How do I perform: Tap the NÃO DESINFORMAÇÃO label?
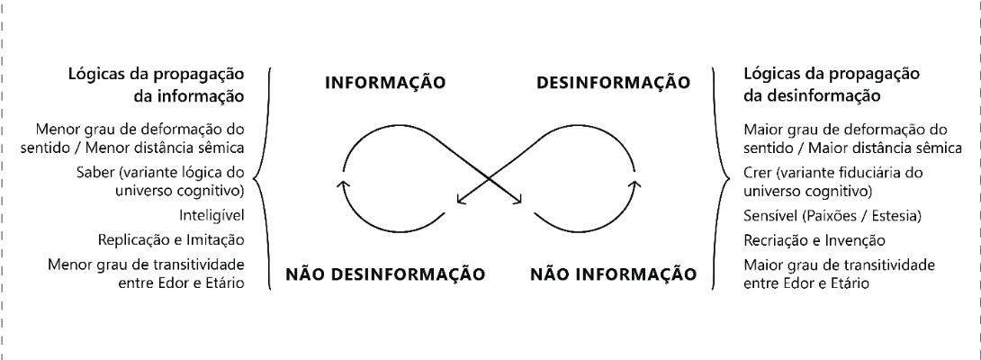[x=385, y=273]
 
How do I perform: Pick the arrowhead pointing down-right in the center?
[x=518, y=202]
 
